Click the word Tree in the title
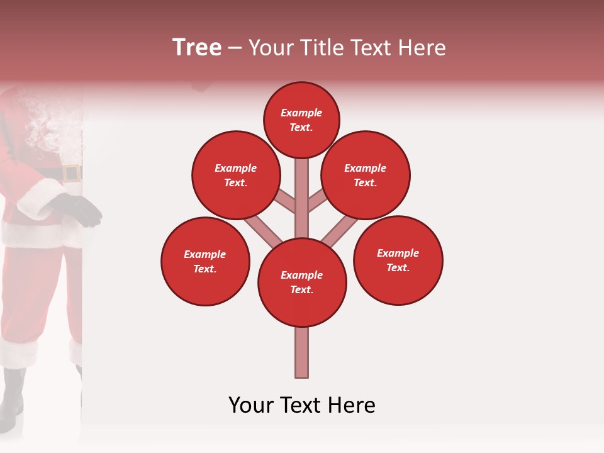[x=197, y=47]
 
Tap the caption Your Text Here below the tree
[x=302, y=405]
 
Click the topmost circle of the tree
[x=301, y=120]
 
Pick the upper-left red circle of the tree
[x=236, y=175]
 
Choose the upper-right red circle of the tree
[x=366, y=175]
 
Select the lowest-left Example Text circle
[x=205, y=261]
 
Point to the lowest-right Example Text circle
[x=398, y=260]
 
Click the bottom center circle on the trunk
[x=302, y=282]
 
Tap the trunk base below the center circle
[x=302, y=352]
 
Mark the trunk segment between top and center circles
[x=302, y=198]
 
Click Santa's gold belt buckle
[x=71, y=173]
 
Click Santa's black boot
[x=11, y=396]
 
